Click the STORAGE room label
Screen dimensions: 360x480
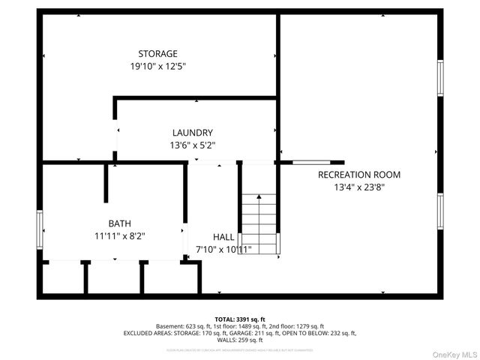[x=157, y=53]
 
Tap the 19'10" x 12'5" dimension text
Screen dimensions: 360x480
[x=157, y=66]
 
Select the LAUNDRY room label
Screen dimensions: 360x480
[x=193, y=133]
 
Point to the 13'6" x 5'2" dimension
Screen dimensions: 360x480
[x=193, y=145]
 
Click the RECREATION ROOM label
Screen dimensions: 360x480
[x=359, y=175]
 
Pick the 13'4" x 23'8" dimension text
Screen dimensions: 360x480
[x=359, y=187]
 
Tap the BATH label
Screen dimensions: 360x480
[x=119, y=223]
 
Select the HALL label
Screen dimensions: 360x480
[x=223, y=236]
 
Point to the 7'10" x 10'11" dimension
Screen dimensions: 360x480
[x=223, y=249]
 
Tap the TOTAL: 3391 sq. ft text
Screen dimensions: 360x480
[x=240, y=319]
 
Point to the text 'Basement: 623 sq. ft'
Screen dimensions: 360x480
[x=184, y=326]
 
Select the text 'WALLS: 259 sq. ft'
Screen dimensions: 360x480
[x=240, y=340]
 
